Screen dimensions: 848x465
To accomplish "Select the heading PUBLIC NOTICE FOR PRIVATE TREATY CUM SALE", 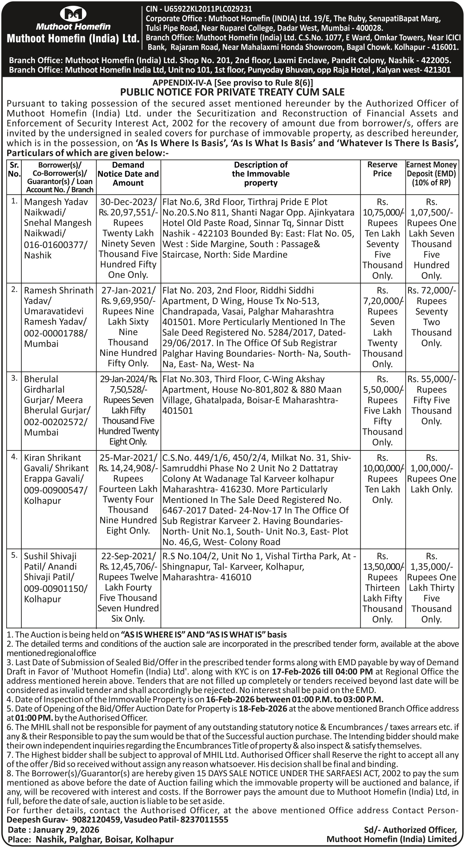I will coord(232,92).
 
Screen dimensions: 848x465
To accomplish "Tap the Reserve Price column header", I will coord(382,169).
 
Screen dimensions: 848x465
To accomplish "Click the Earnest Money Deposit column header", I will coord(432,173).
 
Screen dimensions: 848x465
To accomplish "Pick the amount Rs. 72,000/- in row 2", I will coord(432,290).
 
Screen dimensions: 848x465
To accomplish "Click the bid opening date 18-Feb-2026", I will coord(262,708).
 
